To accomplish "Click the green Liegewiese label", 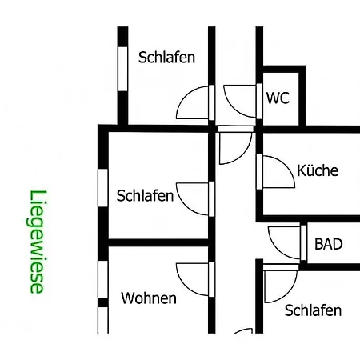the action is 37,242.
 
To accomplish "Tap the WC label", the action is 278,98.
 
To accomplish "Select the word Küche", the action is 318,170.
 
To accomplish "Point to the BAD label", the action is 329,244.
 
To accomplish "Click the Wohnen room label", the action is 149,298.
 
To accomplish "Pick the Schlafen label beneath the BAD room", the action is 313,310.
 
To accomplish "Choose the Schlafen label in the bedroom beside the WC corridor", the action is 166,58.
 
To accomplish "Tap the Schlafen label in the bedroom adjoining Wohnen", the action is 145,195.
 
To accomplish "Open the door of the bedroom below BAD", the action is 281,283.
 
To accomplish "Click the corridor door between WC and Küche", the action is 235,145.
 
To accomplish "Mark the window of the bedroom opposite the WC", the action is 122,69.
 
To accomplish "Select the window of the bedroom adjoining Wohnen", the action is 103,188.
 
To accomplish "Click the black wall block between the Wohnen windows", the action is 103,302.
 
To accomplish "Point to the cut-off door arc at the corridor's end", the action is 243,330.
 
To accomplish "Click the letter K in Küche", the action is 301,170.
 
